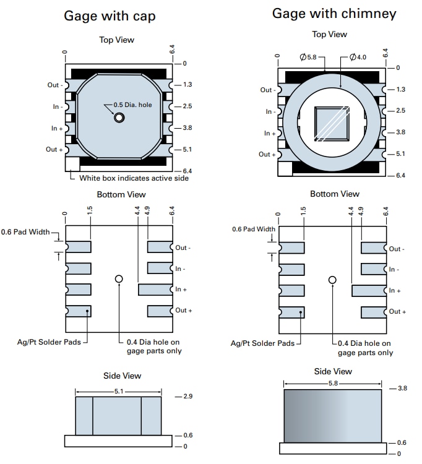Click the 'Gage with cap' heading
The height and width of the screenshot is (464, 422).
(x=110, y=16)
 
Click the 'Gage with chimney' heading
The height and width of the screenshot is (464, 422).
(x=334, y=14)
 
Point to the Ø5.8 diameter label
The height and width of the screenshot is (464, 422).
(x=308, y=58)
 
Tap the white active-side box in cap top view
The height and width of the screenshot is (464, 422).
(x=72, y=164)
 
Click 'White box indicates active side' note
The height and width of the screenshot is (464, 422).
(x=134, y=178)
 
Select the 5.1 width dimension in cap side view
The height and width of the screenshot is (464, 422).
(x=119, y=391)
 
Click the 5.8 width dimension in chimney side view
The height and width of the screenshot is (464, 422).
(x=333, y=384)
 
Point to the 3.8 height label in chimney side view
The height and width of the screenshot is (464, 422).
(x=402, y=389)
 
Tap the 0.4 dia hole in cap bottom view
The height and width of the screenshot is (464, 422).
(x=119, y=279)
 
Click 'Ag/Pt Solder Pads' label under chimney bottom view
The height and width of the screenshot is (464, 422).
(x=263, y=343)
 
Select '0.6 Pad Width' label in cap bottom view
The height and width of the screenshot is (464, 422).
(x=28, y=232)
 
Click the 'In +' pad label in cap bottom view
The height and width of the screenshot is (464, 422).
(x=182, y=290)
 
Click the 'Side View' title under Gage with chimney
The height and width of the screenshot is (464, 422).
(x=333, y=371)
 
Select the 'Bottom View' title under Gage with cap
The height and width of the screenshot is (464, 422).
(x=121, y=194)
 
